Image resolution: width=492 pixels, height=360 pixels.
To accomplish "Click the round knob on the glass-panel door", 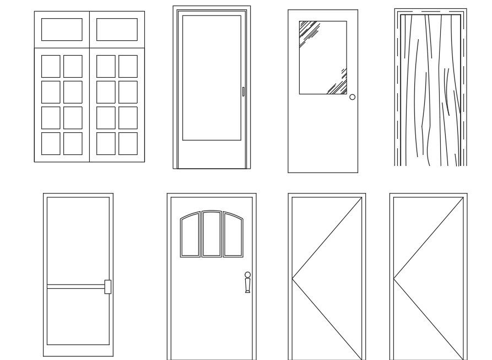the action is [x=353, y=97].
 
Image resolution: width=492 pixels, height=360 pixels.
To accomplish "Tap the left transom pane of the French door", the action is [x=62, y=30].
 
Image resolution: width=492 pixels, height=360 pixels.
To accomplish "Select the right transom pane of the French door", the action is [x=117, y=30].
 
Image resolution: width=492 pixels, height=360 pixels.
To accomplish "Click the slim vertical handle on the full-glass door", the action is [x=243, y=92].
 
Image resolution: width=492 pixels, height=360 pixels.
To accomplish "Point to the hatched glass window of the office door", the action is [x=323, y=57].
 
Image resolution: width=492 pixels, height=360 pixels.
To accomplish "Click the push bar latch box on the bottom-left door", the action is [x=107, y=287].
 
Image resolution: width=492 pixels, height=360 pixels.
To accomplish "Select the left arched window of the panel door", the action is [x=190, y=237].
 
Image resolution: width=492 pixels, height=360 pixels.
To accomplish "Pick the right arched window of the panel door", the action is [x=233, y=237].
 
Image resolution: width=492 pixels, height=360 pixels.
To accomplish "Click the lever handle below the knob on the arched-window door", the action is [x=247, y=286].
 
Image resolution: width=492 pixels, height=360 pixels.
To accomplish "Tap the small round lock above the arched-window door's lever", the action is [x=247, y=275].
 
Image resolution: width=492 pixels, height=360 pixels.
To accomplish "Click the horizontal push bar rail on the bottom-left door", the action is [x=75, y=287].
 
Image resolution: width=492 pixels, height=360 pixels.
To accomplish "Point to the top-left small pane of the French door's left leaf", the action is [x=51, y=66].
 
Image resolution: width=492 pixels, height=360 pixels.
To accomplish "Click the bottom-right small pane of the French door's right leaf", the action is [x=128, y=143].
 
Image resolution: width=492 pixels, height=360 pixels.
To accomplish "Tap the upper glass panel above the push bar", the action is [x=78, y=240].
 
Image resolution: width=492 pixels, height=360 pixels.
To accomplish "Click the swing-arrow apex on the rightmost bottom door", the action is [x=394, y=277].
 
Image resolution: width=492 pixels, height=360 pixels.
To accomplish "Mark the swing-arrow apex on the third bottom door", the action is [x=293, y=277].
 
